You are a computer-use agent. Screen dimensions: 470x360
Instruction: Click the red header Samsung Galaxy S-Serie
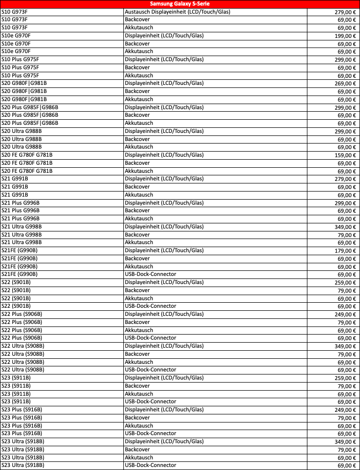180,4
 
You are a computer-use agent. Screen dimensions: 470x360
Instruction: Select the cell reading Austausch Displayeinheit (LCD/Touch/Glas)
177,12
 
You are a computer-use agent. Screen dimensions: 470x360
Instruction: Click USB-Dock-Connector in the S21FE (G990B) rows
151,274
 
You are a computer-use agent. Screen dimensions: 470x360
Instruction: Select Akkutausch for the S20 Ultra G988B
139,147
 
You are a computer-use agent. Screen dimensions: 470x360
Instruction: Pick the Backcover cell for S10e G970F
138,43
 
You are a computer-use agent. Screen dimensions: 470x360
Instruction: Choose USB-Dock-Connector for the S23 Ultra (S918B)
151,465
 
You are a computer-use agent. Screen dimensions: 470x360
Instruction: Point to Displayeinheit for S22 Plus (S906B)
164,314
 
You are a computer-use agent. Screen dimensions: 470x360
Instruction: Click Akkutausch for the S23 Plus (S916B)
139,426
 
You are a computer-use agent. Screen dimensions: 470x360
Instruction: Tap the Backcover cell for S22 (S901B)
138,291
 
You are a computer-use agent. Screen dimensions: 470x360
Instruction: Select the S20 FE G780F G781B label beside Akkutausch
27,171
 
